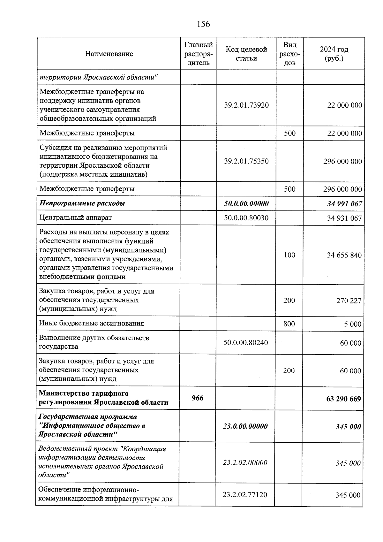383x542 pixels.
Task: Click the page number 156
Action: (203, 24)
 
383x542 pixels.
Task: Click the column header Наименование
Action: (109, 54)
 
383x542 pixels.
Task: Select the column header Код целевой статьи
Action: (246, 54)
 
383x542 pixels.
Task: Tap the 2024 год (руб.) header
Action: (334, 54)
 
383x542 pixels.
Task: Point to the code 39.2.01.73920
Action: (246, 105)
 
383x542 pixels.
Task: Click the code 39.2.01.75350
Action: (246, 161)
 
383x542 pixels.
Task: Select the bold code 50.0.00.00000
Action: (246, 203)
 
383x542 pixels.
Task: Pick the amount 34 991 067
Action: (344, 204)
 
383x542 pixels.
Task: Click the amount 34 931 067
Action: (344, 218)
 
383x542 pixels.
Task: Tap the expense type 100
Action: (289, 255)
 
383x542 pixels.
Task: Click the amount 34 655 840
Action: (344, 255)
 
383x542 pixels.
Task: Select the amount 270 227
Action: (349, 301)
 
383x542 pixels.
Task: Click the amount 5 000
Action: (352, 324)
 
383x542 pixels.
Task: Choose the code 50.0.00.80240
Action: (245, 343)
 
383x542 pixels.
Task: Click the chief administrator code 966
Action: (197, 398)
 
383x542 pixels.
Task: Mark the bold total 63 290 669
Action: (343, 399)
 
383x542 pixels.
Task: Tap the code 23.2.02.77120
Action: (245, 495)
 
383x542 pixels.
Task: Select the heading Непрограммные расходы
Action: (82, 203)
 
